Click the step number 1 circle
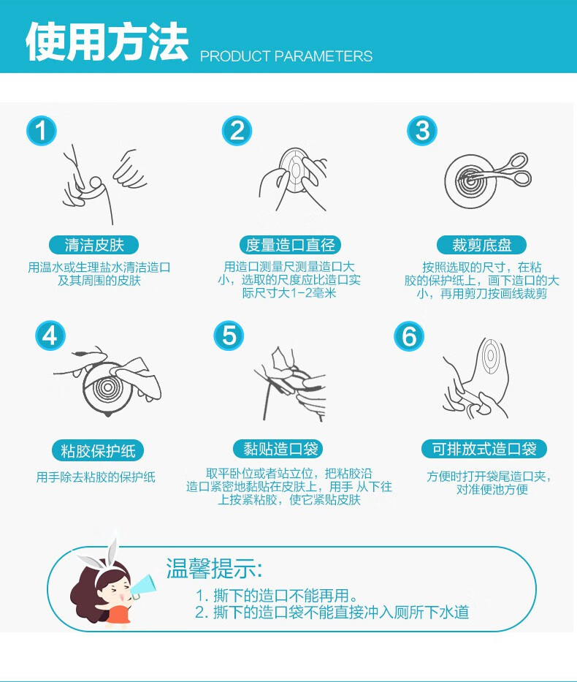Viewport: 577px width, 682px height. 42,132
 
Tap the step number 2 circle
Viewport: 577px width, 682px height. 237,132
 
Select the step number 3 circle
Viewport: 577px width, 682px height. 422,132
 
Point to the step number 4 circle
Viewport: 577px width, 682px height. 50,336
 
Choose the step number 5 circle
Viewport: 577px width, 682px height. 229,336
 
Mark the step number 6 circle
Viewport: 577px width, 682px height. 409,336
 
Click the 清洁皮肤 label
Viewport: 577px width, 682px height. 93,246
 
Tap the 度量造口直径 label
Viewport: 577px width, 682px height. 291,246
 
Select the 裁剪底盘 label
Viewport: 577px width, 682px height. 481,246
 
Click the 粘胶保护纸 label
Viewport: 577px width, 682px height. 98,450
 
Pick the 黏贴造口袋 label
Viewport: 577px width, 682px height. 278,449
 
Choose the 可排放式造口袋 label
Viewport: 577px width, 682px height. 484,449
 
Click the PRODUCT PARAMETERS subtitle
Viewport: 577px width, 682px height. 286,56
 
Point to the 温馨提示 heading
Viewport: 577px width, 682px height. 214,568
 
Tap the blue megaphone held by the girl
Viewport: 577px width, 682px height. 146,586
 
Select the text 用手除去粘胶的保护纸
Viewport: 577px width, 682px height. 96,477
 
